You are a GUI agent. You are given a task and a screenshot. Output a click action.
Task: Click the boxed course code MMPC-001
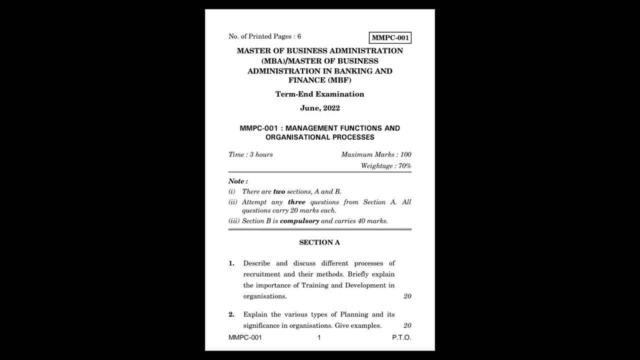[x=390, y=37]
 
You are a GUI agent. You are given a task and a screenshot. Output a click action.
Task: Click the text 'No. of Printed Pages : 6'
[x=264, y=36]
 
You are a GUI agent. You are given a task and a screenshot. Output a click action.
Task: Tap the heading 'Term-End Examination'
[x=319, y=94]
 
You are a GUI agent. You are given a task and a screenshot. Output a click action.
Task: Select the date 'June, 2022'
[x=319, y=108]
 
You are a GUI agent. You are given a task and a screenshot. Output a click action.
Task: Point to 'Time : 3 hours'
[x=250, y=154]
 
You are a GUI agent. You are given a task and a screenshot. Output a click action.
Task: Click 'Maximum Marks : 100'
[x=376, y=154]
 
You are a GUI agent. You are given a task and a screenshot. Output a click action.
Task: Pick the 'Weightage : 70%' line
[x=386, y=165]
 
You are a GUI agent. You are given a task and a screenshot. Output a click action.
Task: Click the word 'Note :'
[x=238, y=181]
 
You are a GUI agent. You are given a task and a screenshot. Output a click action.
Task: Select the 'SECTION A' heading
[x=319, y=242]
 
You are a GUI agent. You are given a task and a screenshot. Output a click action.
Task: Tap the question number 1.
[x=231, y=263]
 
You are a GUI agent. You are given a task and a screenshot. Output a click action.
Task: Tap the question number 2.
[x=231, y=314]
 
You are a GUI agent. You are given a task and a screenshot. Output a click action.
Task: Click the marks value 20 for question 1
[x=407, y=296]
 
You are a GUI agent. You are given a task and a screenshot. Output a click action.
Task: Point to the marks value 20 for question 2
[x=407, y=325]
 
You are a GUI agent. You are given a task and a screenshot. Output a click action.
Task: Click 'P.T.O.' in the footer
[x=401, y=337]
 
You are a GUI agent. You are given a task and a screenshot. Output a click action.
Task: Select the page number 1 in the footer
[x=319, y=337]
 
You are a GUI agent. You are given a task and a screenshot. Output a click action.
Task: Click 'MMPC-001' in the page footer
[x=245, y=337]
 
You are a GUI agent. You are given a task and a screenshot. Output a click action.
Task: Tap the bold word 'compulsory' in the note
[x=299, y=221]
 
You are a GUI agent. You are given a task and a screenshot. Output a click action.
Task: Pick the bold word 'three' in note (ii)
[x=296, y=202]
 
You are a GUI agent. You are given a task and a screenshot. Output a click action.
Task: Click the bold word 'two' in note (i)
[x=279, y=191]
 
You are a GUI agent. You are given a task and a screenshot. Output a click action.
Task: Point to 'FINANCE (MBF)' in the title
[x=319, y=80]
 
